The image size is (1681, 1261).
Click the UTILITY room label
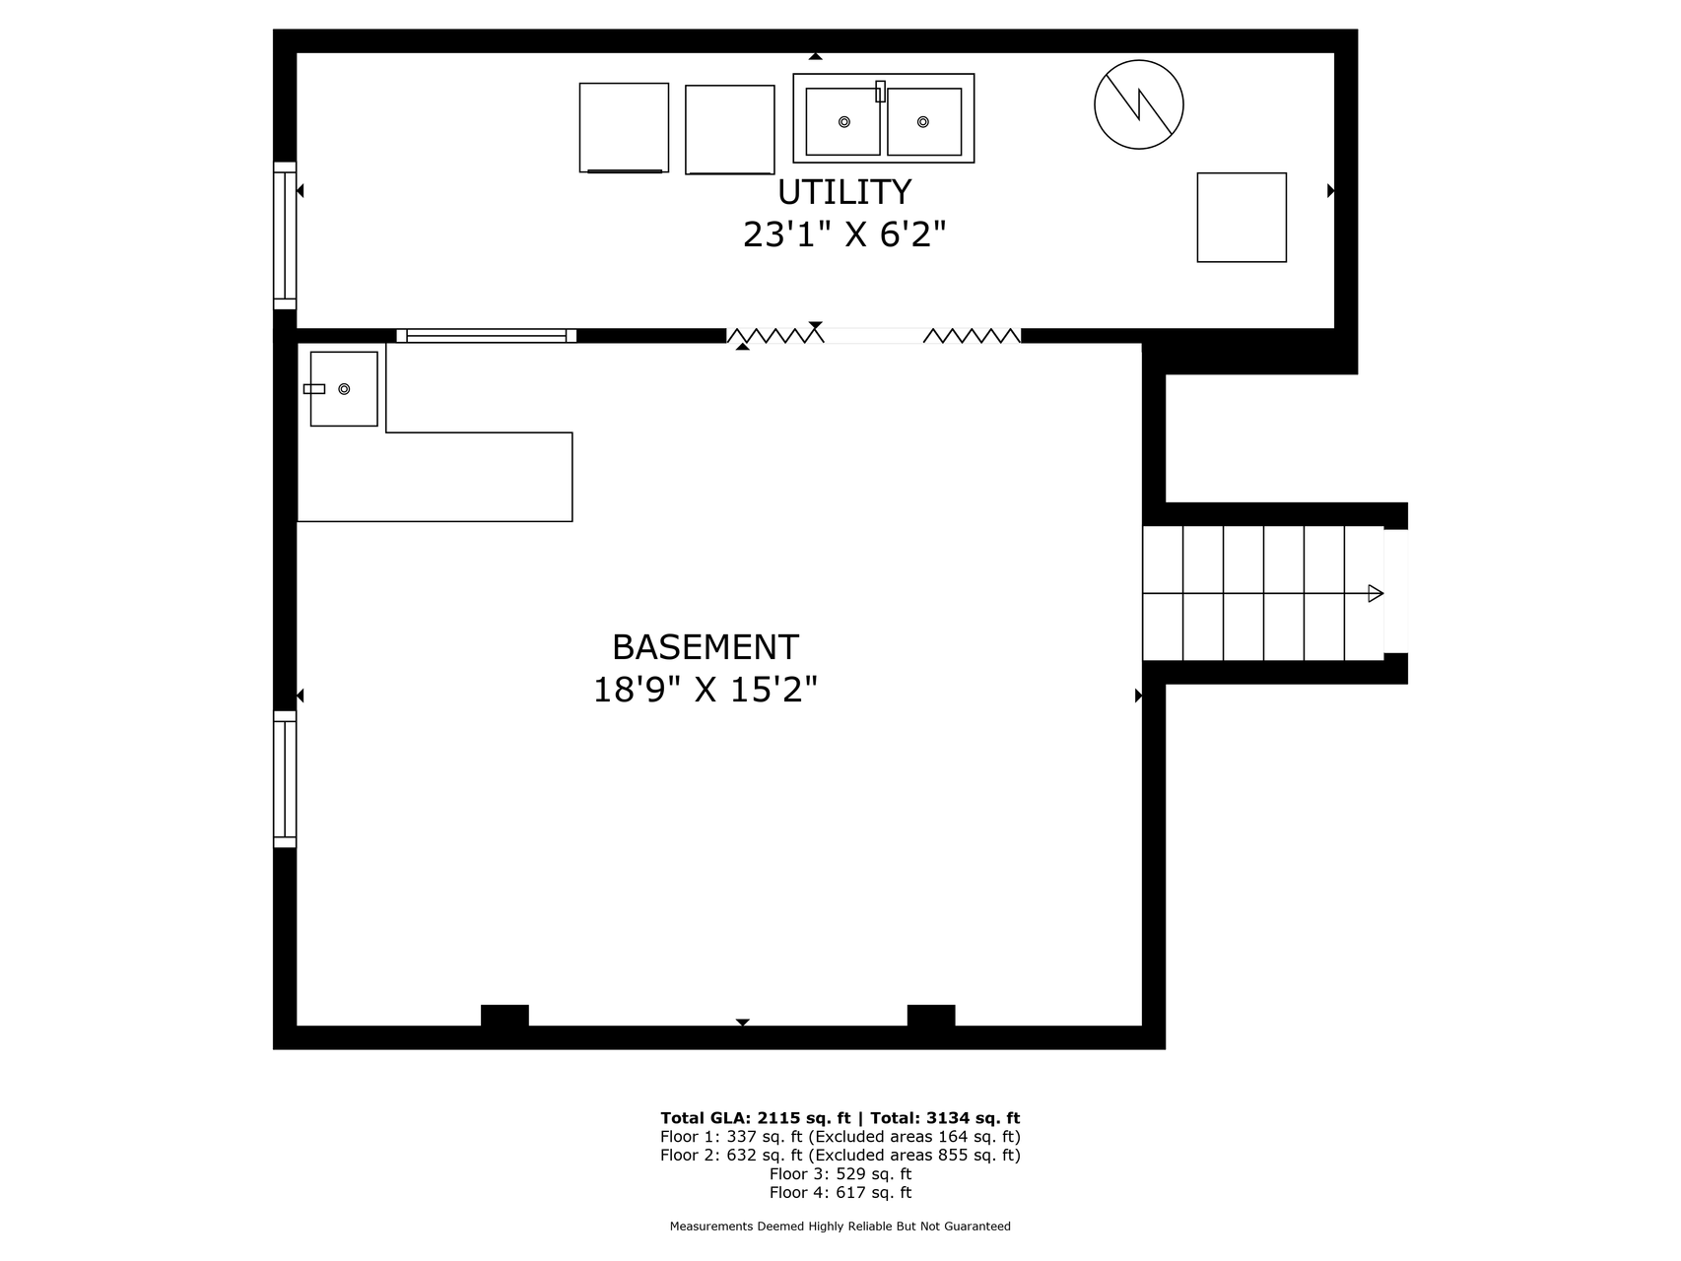(844, 191)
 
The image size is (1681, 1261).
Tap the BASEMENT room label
(706, 647)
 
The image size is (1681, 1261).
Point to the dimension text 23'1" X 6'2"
(844, 234)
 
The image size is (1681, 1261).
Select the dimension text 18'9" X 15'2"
(706, 690)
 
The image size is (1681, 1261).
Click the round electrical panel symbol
(1139, 104)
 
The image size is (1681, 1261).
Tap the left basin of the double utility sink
(843, 121)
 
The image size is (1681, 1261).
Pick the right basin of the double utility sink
(924, 121)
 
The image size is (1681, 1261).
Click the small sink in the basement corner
(344, 389)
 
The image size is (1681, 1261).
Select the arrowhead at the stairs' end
(1376, 593)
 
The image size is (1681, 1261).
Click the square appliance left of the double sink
(730, 130)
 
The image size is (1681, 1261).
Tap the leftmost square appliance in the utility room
(624, 128)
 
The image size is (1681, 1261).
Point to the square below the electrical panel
(1242, 218)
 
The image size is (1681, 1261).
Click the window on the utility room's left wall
(285, 235)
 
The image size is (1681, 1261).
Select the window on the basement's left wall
(285, 779)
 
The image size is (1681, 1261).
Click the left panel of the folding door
(775, 336)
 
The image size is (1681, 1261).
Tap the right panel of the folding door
(972, 336)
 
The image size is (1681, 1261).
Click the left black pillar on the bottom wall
(504, 1016)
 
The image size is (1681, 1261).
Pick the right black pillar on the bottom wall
(931, 1016)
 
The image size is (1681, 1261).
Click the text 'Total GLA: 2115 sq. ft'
(755, 1118)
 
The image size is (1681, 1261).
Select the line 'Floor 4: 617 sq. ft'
(840, 1193)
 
